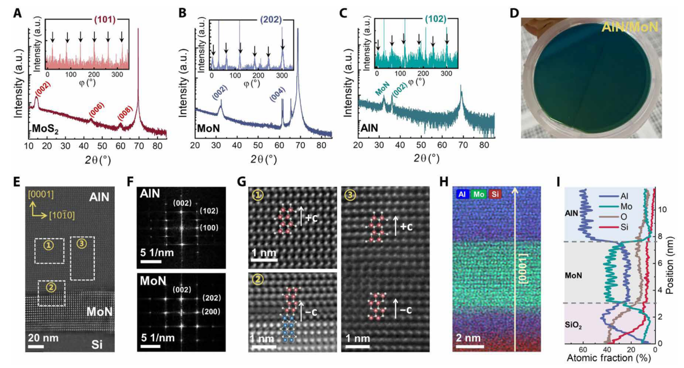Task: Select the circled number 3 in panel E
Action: coord(82,244)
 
